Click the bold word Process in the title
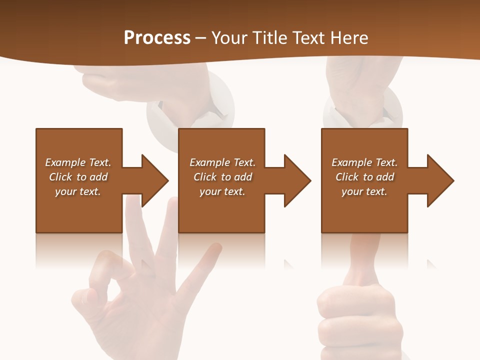157,38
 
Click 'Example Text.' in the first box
78,162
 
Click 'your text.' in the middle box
222,191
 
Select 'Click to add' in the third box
364,177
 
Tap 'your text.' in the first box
78,191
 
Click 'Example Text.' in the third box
364,162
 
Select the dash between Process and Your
201,38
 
